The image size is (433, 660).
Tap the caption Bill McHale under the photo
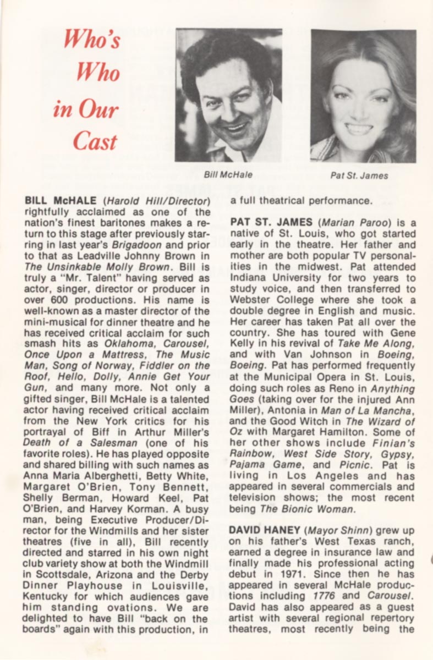click(228, 175)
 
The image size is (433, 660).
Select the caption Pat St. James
click(359, 176)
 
